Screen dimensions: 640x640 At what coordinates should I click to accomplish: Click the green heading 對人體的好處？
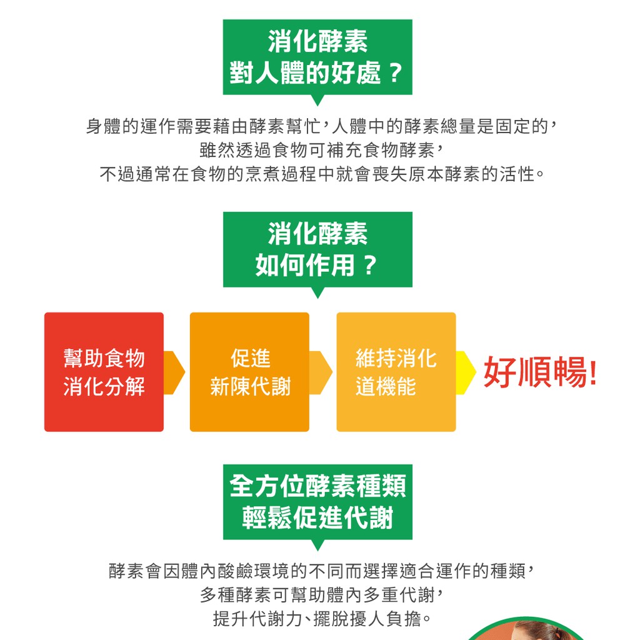[x=317, y=74]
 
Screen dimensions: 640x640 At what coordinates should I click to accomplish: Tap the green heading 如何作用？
[x=317, y=265]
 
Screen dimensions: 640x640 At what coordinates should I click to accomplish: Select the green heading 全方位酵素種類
[x=317, y=486]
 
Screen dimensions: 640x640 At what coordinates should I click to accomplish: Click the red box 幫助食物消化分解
[x=104, y=372]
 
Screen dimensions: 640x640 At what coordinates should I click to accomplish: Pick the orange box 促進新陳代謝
[x=249, y=372]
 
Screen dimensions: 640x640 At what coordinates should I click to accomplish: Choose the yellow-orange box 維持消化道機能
[x=396, y=372]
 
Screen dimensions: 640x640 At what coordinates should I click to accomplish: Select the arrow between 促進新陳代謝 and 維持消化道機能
[x=321, y=372]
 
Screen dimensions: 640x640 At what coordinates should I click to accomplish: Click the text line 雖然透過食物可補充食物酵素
[x=321, y=150]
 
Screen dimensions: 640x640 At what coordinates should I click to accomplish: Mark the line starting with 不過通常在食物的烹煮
[x=322, y=174]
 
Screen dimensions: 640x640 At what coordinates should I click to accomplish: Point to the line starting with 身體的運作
[x=321, y=126]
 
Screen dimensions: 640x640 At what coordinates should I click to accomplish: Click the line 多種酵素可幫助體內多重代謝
[x=321, y=595]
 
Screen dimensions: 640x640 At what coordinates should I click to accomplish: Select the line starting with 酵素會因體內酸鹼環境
[x=321, y=571]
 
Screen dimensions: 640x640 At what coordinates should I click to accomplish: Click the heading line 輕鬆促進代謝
[x=317, y=517]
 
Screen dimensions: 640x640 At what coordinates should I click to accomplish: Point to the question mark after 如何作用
[x=370, y=265]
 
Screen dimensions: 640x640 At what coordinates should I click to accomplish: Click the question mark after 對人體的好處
[x=395, y=74]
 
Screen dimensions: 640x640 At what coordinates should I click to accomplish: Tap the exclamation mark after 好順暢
[x=593, y=372]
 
